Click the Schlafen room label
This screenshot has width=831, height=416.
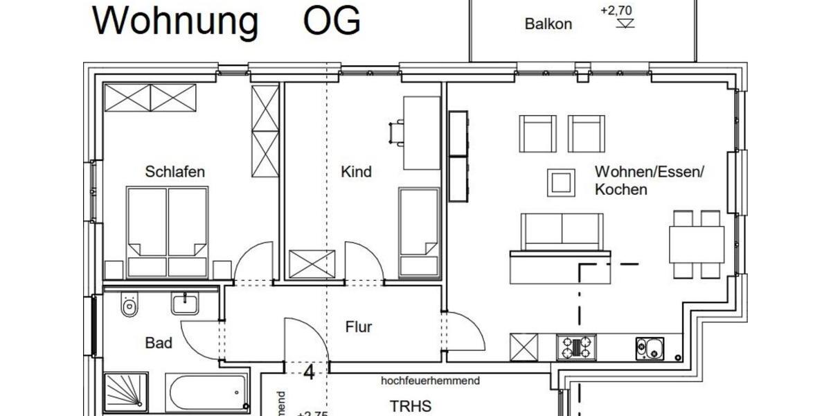(x=175, y=172)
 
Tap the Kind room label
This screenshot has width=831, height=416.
(x=356, y=172)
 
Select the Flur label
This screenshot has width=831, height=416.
(x=359, y=327)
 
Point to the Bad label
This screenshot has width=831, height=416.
(x=159, y=343)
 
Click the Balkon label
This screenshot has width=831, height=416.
(x=548, y=24)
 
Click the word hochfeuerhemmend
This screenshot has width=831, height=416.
(x=430, y=381)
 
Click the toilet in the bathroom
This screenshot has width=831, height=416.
(x=129, y=304)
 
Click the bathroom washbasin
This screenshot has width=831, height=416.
(x=186, y=303)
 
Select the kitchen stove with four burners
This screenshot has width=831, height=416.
(x=576, y=347)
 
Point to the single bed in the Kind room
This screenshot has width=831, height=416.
(x=419, y=232)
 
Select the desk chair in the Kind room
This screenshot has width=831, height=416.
(x=397, y=132)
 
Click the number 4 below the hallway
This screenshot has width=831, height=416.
(x=309, y=373)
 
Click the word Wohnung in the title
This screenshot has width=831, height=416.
(x=175, y=21)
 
